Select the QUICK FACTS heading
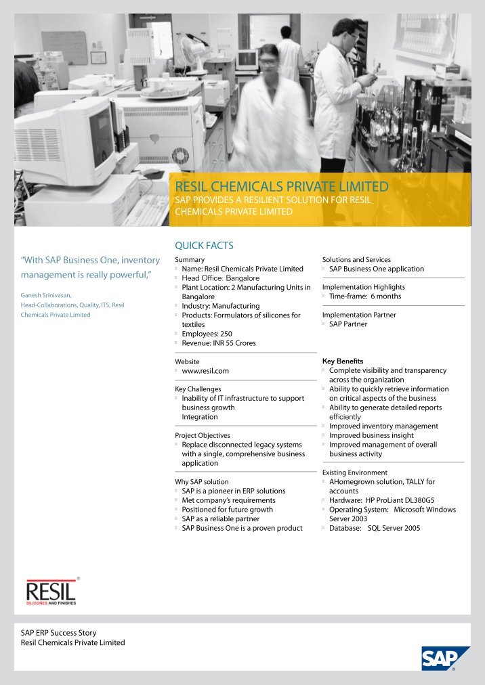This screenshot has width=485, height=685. click(x=205, y=245)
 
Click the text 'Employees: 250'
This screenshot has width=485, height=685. click(x=207, y=334)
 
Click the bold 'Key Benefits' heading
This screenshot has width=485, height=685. click(x=343, y=361)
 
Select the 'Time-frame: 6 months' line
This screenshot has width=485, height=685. click(x=365, y=296)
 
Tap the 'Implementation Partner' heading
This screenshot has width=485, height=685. click(x=359, y=315)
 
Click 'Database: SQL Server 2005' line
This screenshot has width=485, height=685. click(x=374, y=528)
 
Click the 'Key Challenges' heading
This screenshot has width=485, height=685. click(x=198, y=389)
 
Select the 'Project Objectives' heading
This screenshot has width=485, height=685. click(x=203, y=435)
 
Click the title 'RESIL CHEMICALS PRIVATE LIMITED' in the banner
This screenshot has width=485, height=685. click(x=282, y=186)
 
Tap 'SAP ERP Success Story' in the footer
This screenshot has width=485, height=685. click(x=59, y=633)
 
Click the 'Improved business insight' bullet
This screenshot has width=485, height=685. click(x=371, y=435)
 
